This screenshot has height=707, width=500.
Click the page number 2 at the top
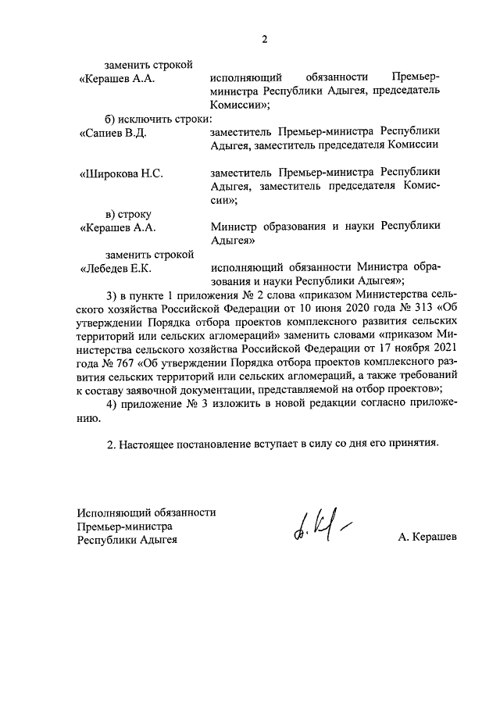264,41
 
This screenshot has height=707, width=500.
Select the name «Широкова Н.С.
121,173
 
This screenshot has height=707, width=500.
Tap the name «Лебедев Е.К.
116,268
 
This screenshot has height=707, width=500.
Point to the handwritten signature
320,531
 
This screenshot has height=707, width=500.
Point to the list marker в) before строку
113,213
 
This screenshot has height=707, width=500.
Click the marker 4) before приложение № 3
112,402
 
